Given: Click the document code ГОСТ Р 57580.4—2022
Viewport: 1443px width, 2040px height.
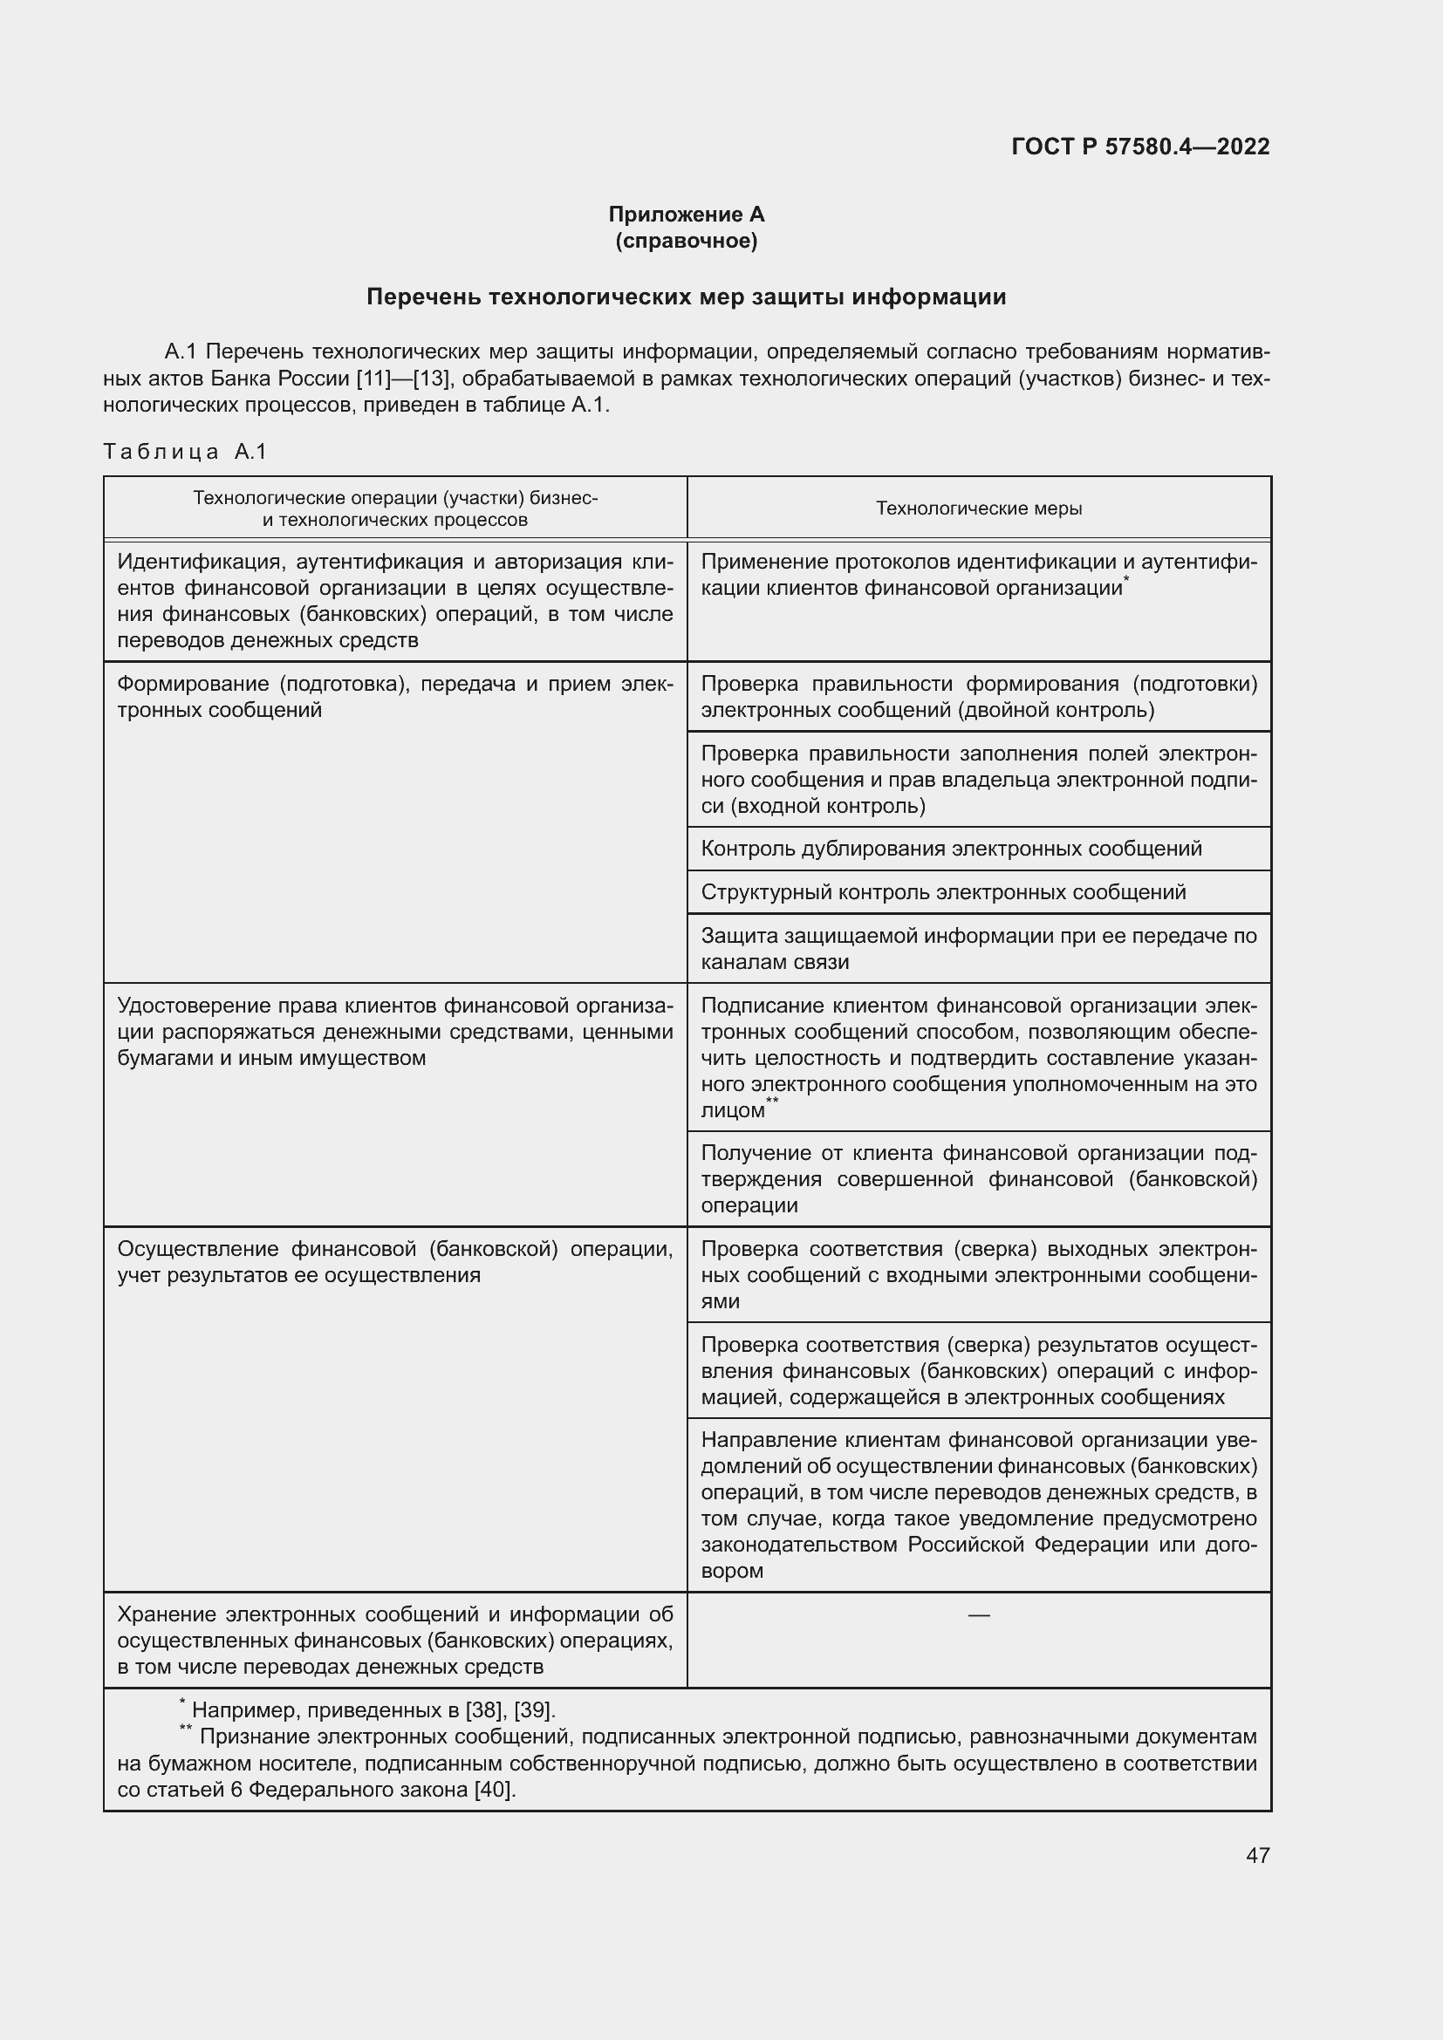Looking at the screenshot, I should coord(1140,147).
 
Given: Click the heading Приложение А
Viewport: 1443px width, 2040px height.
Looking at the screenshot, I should coord(686,215).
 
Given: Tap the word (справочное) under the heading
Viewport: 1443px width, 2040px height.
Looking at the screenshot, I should coord(686,241).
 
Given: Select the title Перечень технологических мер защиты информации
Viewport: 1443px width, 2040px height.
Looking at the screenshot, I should coord(686,297).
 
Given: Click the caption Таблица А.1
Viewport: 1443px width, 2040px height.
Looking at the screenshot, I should coord(185,452).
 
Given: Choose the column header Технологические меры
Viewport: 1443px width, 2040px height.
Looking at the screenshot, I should coord(978,508).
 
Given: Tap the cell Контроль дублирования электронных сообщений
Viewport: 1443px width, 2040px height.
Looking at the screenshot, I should coord(951,848).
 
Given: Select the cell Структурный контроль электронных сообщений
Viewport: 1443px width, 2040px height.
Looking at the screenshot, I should coord(943,891).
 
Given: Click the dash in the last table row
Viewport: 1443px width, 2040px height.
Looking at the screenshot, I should coord(978,1614).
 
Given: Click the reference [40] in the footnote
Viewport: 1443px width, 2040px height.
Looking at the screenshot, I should coord(494,1789).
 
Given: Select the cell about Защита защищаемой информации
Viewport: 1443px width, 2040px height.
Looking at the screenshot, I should coord(978,948).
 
